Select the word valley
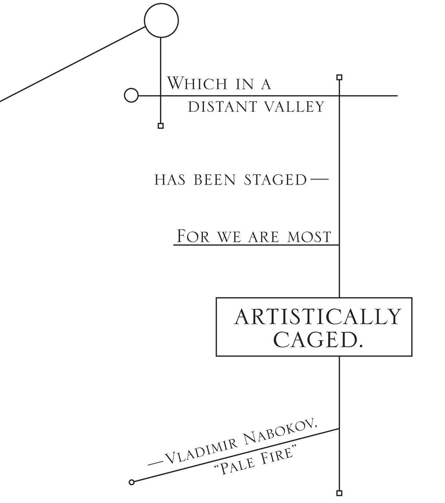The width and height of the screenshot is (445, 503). coord(295,107)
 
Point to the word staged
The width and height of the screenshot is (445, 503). coord(275,180)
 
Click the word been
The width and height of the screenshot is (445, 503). coord(215,180)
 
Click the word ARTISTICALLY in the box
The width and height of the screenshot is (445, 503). coord(317,317)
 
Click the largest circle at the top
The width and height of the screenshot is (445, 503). coord(161,21)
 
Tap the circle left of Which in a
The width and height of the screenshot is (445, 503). coord(131,95)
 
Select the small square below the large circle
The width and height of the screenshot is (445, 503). coord(161,126)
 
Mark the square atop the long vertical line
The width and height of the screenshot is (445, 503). coord(339,77)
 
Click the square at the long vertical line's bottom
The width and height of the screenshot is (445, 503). coord(339,493)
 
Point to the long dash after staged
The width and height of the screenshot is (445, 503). coord(318,179)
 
